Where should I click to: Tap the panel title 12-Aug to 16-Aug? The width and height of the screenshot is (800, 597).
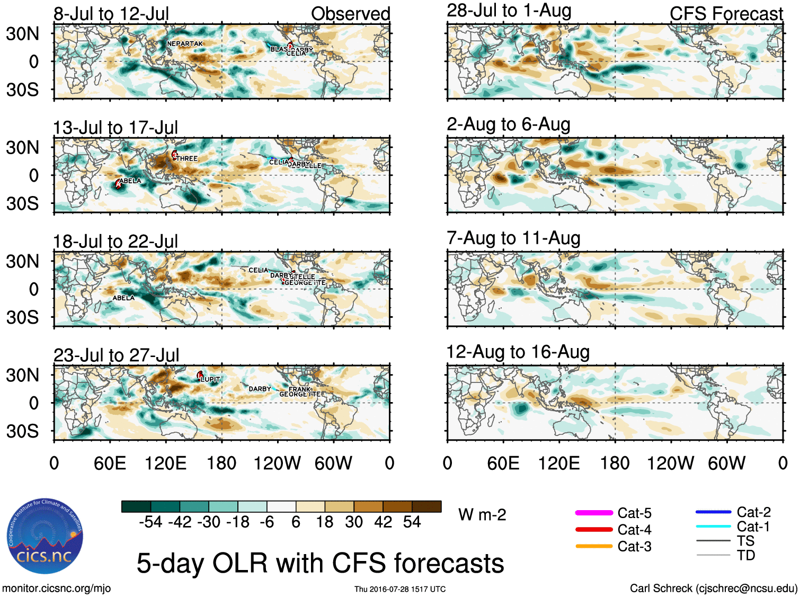tap(518, 352)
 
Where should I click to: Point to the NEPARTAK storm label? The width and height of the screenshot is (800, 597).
tap(185, 44)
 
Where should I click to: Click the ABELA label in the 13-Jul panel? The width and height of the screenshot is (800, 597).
tap(130, 181)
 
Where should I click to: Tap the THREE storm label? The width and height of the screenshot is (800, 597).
tap(187, 159)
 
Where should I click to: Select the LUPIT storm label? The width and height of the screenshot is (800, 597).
tap(210, 380)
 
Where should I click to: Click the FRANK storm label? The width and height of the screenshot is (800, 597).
tap(299, 389)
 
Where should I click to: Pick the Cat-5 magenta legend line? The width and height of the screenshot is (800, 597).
tap(594, 513)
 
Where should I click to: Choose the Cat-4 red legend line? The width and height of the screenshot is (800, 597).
tap(594, 529)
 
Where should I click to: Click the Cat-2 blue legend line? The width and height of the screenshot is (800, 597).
tap(713, 512)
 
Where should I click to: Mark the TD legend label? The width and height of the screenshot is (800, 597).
tap(745, 555)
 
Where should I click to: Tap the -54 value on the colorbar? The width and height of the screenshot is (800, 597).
tap(150, 522)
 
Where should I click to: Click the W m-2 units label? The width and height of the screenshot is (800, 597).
tap(482, 515)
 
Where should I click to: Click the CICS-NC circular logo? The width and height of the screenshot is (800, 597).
tap(45, 536)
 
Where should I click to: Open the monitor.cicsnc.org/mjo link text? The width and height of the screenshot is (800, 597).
tap(56, 588)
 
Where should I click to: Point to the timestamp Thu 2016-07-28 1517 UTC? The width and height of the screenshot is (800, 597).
tap(400, 589)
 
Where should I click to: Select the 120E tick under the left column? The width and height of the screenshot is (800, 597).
tap(165, 464)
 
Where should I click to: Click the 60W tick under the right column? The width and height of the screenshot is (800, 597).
tap(726, 464)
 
